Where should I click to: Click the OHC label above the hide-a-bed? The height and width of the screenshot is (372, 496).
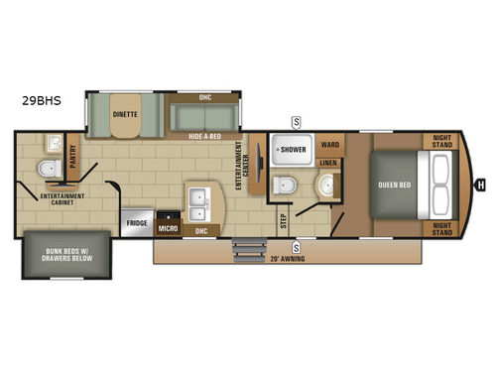tap(205, 96)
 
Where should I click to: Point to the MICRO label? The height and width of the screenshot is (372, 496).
tap(168, 227)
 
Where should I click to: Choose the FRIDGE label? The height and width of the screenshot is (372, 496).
tap(137, 223)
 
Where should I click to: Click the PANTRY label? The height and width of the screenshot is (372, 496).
tap(73, 158)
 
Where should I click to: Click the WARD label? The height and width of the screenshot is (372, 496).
tap(329, 144)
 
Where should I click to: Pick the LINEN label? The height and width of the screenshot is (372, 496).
tap(329, 162)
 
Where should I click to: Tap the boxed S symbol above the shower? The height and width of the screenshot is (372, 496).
tap(295, 121)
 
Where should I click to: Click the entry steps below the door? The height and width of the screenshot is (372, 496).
tap(243, 248)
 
